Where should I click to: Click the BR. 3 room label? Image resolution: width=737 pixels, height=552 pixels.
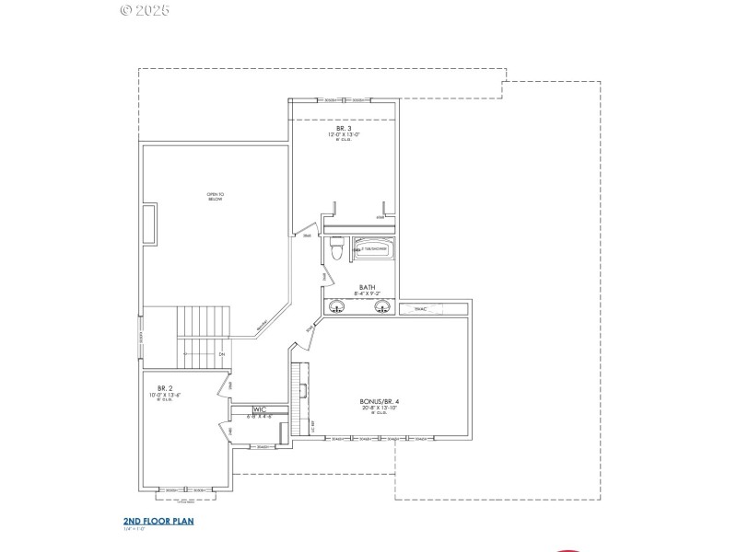pos(343,128)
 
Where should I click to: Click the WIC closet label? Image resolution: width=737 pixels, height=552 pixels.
pos(260,408)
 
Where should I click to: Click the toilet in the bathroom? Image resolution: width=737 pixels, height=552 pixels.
pos(336,248)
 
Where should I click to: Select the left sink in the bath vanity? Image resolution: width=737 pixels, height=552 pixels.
pos(337,307)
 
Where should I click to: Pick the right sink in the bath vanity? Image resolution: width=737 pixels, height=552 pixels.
pos(382,307)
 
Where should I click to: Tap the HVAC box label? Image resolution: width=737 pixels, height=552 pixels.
pos(421,309)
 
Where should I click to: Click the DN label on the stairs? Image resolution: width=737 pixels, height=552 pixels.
pos(221,354)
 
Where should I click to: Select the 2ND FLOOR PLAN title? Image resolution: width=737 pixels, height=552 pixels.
pos(158,521)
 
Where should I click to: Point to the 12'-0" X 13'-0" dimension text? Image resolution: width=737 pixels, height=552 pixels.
pos(343,135)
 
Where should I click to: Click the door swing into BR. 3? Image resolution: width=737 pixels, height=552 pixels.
pos(311,230)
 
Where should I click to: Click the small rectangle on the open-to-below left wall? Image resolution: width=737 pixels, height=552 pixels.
pos(148,223)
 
